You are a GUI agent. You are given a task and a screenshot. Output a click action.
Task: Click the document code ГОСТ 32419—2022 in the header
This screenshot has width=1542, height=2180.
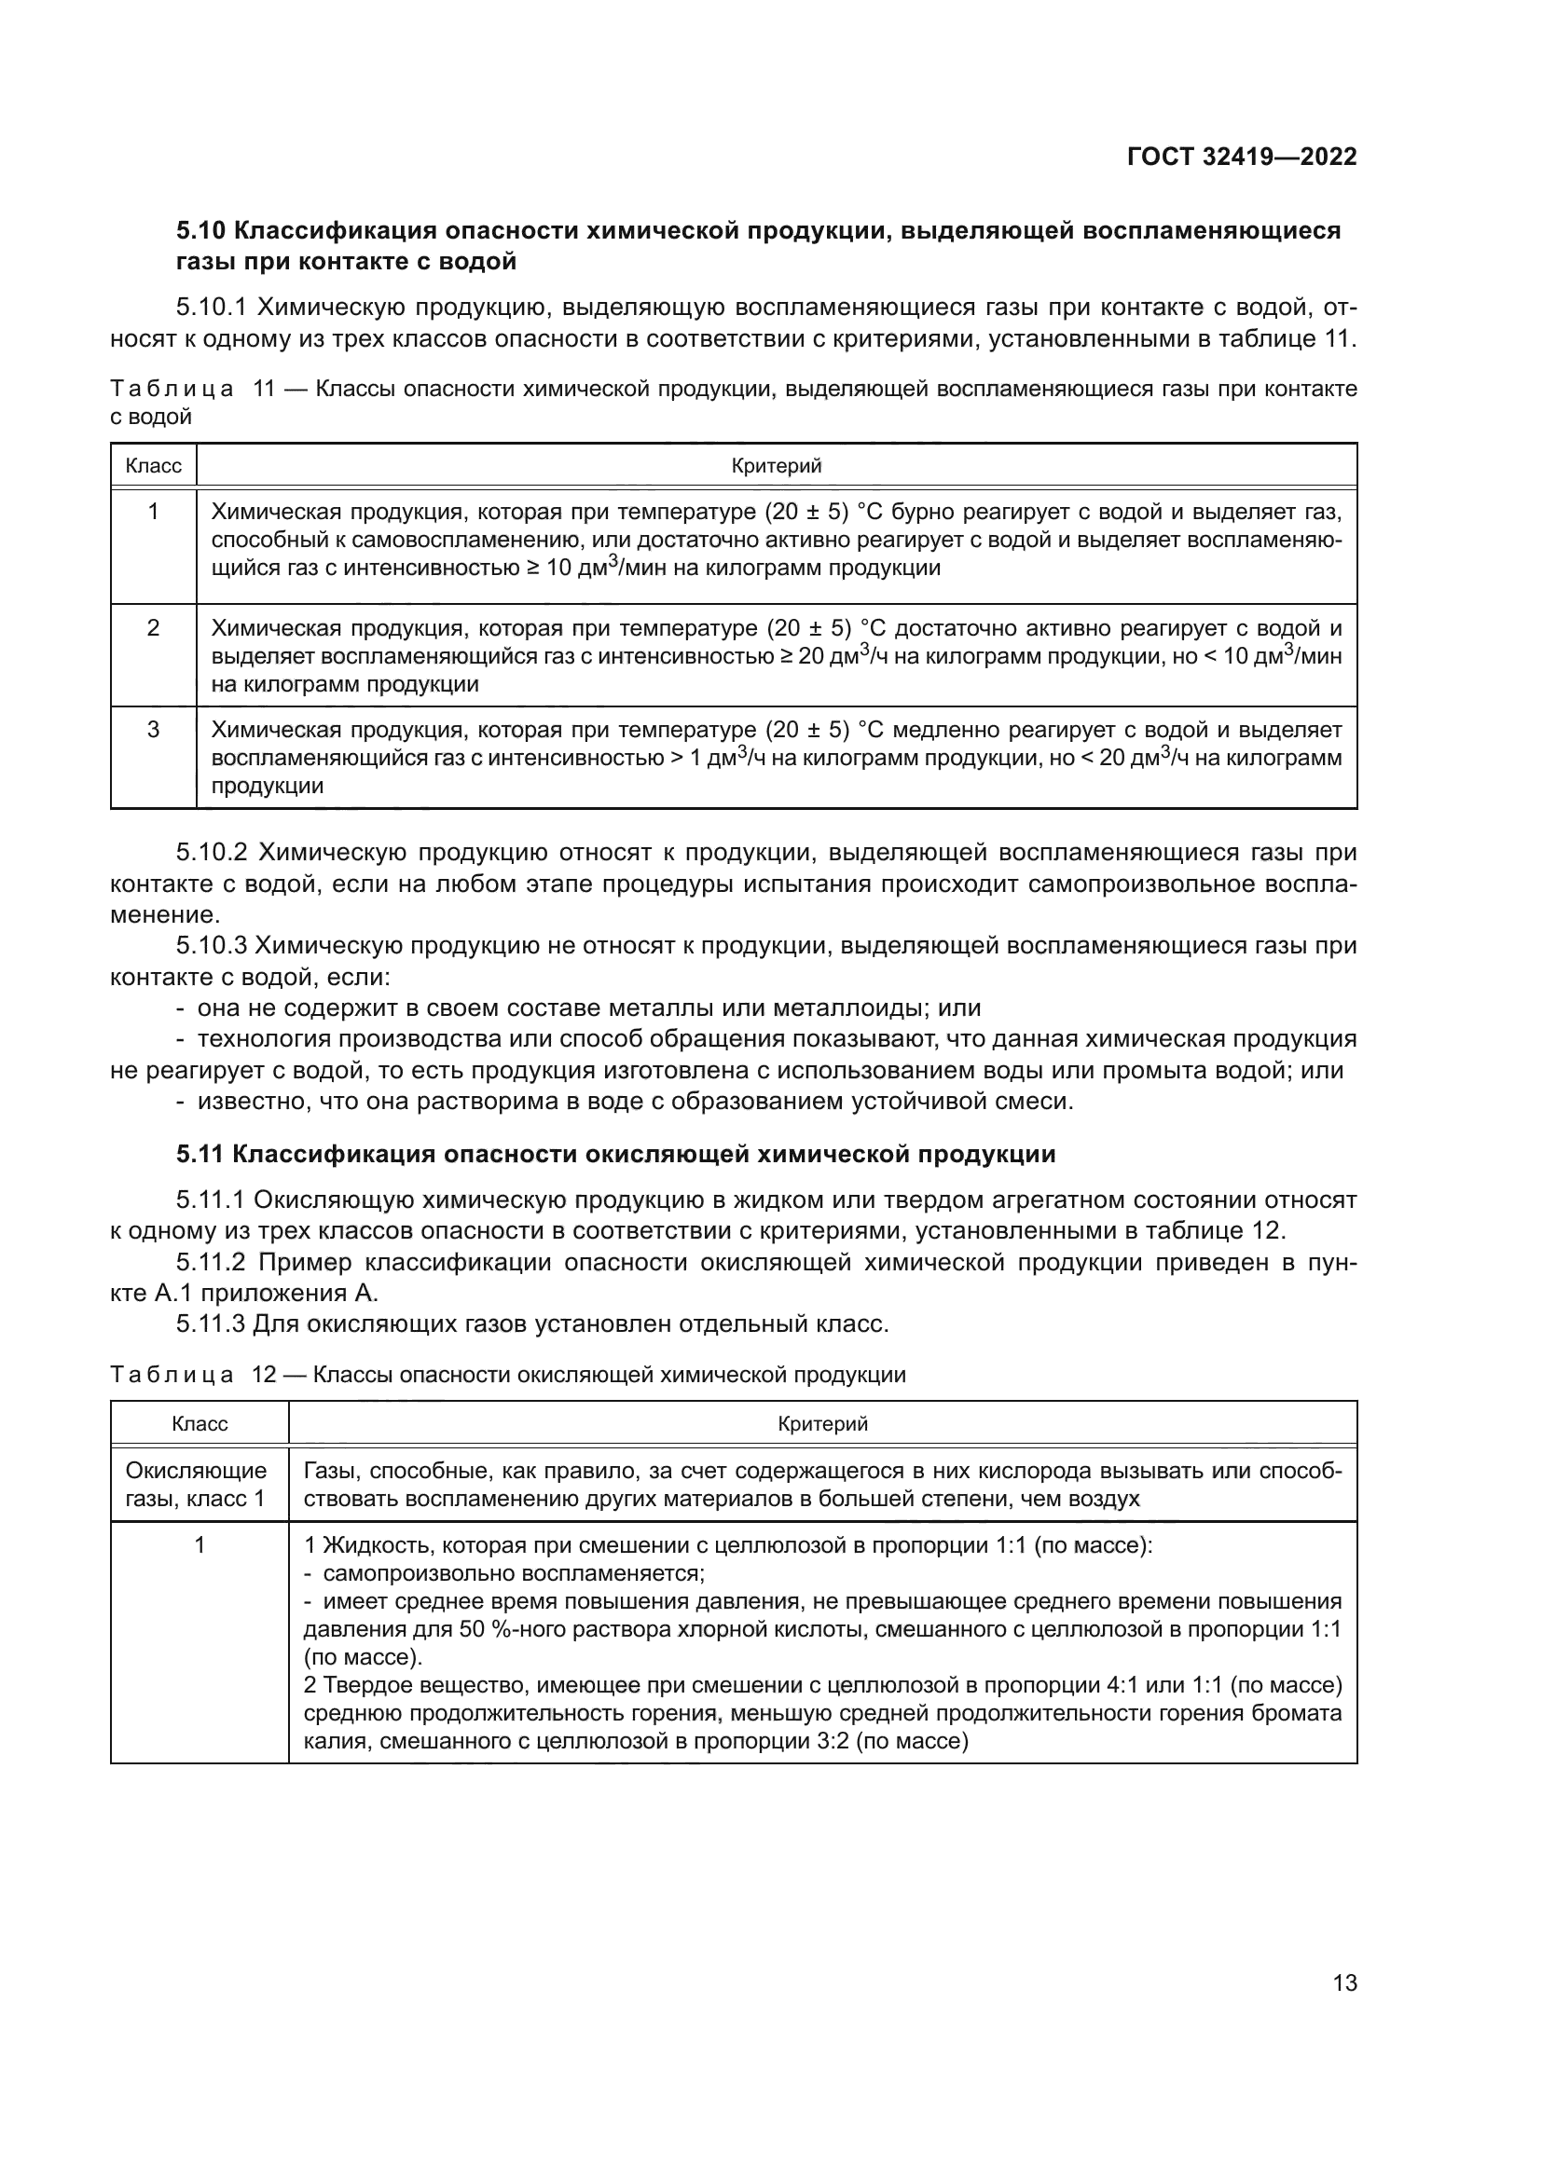click(1241, 157)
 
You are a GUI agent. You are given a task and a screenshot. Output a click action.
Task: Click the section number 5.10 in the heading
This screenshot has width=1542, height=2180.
click(200, 231)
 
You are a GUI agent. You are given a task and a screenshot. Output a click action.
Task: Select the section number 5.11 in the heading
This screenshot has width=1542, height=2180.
click(200, 1155)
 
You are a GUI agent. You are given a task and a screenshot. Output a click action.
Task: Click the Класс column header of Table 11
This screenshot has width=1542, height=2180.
click(153, 466)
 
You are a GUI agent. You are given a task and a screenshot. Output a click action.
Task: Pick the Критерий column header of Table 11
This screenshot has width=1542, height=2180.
click(776, 466)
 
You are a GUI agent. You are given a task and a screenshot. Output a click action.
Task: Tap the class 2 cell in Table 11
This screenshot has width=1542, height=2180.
click(153, 627)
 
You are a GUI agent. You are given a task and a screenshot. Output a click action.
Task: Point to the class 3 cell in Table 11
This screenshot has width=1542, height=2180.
click(153, 729)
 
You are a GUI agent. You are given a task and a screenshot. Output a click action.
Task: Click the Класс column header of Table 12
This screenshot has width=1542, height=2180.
click(200, 1423)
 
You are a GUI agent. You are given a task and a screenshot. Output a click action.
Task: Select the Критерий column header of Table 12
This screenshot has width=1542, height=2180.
click(822, 1423)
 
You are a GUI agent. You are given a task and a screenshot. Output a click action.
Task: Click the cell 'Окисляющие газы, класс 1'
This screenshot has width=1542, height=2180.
click(197, 1485)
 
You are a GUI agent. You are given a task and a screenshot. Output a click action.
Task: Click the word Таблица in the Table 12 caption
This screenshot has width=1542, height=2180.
click(171, 1375)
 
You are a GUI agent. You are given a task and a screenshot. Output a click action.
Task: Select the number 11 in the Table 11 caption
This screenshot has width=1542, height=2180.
click(263, 390)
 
